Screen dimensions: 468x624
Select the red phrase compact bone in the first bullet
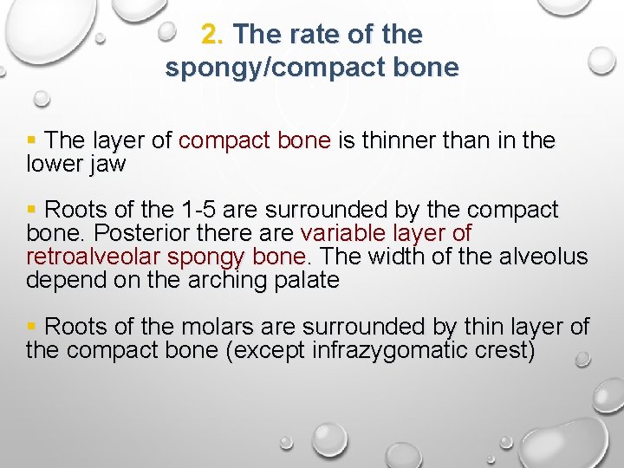click(255, 140)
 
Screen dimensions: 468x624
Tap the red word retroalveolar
click(94, 257)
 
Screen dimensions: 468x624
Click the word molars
click(213, 328)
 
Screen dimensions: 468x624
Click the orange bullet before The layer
click(32, 140)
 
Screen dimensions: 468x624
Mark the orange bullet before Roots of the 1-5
click(32, 211)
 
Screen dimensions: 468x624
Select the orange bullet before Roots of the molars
click(32, 328)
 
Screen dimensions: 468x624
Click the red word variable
click(338, 234)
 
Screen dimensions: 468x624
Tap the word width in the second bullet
click(400, 257)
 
